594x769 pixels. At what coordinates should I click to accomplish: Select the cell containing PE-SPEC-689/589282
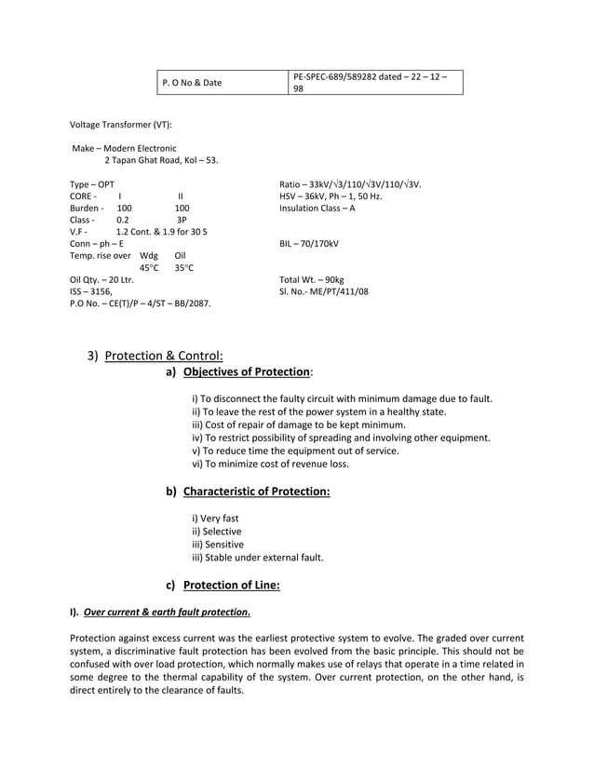374,83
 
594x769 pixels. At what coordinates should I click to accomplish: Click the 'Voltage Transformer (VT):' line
121,124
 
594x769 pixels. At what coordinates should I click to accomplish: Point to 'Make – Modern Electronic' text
125,148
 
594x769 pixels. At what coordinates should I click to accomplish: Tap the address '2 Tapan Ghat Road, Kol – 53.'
161,160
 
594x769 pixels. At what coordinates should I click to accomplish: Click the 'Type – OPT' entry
92,184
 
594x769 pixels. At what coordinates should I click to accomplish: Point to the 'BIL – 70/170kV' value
309,244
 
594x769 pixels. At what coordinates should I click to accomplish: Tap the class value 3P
182,220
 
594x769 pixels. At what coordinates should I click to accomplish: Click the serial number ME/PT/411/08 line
323,291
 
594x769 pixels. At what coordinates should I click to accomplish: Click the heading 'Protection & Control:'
164,355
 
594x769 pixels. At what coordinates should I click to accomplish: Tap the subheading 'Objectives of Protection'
247,372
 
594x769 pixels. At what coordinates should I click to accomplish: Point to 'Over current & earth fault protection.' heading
166,613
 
